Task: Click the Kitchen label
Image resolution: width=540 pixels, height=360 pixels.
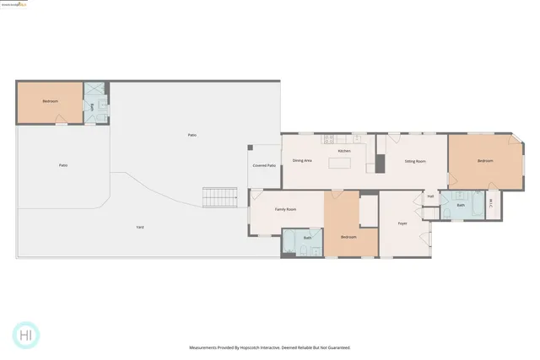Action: [x=344, y=151]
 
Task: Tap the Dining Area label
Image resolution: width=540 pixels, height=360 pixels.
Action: [x=302, y=160]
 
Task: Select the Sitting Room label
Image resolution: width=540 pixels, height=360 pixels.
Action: [x=414, y=160]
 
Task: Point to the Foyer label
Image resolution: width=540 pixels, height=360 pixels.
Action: [x=402, y=223]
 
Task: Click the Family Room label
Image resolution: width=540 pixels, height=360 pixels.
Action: [x=286, y=209]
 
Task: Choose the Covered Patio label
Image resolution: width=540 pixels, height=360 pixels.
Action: [x=265, y=165]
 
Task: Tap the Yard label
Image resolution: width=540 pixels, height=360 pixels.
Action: [x=140, y=227]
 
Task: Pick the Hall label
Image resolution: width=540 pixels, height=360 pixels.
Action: [x=430, y=196]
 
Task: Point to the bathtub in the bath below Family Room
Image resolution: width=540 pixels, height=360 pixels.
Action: [x=290, y=244]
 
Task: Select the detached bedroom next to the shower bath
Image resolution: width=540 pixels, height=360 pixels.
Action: [x=50, y=101]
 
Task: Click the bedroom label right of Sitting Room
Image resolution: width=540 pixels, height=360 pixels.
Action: [x=485, y=160]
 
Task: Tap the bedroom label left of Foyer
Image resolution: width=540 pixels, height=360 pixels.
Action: [x=348, y=237]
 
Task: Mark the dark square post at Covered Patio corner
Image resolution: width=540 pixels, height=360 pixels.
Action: [x=250, y=148]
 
